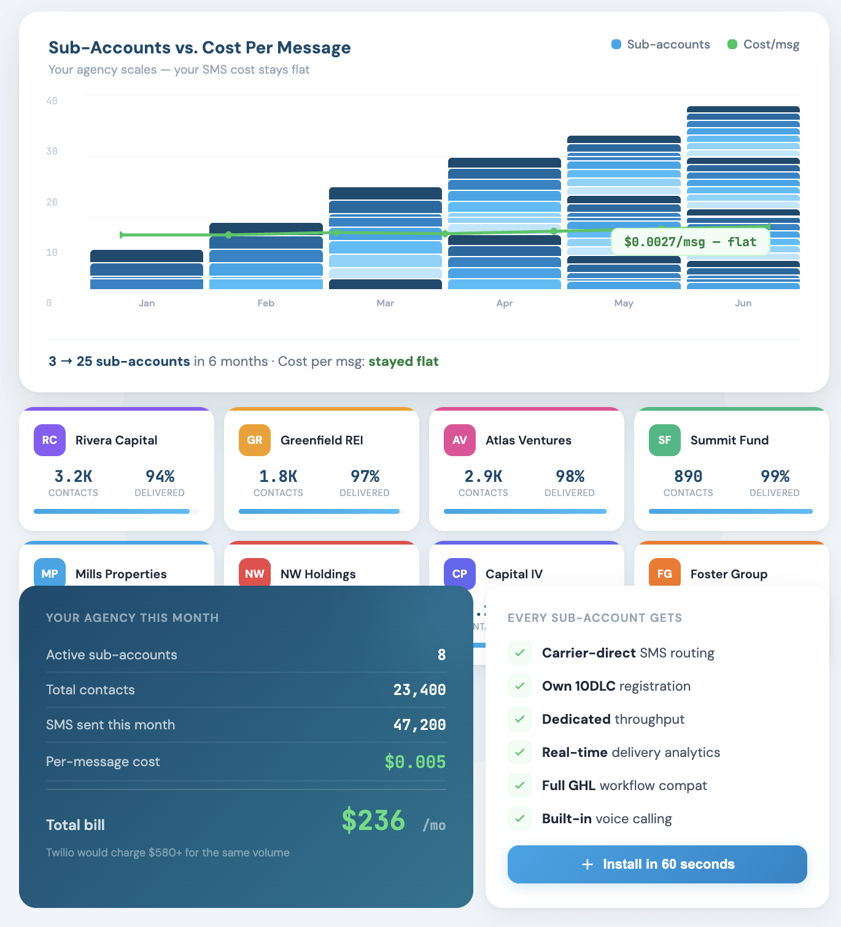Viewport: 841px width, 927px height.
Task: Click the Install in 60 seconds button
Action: pos(657,864)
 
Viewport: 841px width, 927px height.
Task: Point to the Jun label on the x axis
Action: pos(743,303)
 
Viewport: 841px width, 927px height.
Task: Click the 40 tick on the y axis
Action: pos(52,101)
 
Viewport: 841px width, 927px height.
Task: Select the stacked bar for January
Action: pos(146,270)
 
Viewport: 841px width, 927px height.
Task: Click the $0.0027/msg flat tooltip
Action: pos(690,242)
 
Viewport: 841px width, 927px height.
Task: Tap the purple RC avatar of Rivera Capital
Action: pos(50,440)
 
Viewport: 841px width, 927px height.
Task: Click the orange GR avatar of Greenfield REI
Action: pos(255,440)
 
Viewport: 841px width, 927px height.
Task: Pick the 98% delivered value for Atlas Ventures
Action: pos(570,476)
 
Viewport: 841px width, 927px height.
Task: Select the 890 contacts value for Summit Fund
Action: pos(688,476)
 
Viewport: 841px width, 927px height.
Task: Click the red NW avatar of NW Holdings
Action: pos(255,573)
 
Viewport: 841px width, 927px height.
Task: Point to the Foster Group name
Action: pos(729,574)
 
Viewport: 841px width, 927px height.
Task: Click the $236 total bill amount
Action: pos(373,820)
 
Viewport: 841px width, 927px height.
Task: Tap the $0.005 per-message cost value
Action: pos(415,762)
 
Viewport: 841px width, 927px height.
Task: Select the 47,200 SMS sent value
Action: pos(419,725)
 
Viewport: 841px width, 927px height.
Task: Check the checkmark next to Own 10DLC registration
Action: pos(520,686)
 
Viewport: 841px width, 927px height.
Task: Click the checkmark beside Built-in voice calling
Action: pos(520,818)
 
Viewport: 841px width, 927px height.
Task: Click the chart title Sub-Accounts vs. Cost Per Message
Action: pos(200,47)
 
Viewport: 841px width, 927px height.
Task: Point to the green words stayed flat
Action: pos(403,361)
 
